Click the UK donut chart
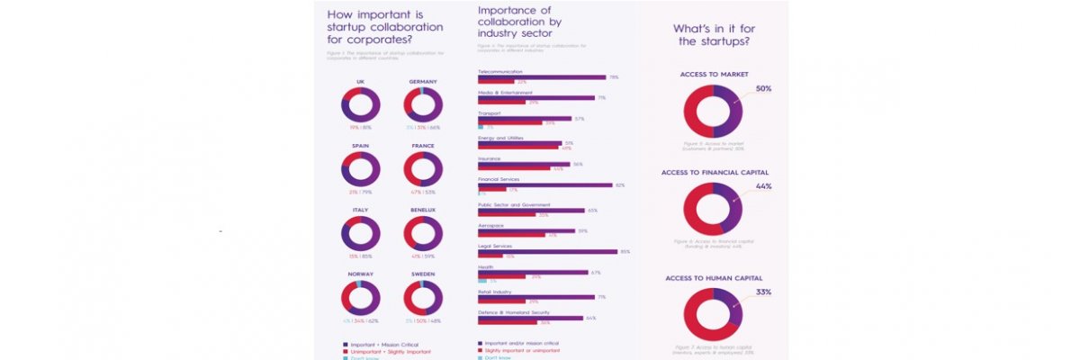pyautogui.click(x=360, y=104)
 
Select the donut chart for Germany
pyautogui.click(x=423, y=104)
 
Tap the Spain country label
pyautogui.click(x=360, y=146)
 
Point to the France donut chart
pyautogui.click(x=423, y=169)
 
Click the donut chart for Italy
pyautogui.click(x=360, y=233)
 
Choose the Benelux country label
pyautogui.click(x=423, y=210)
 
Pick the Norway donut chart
pyautogui.click(x=360, y=298)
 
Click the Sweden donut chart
pyautogui.click(x=423, y=298)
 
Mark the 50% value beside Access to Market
pyautogui.click(x=763, y=88)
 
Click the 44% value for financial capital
pyautogui.click(x=763, y=186)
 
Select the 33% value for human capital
pyautogui.click(x=763, y=292)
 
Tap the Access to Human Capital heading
pyautogui.click(x=712, y=278)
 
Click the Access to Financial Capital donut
pyautogui.click(x=713, y=209)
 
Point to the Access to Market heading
pyautogui.click(x=713, y=74)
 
